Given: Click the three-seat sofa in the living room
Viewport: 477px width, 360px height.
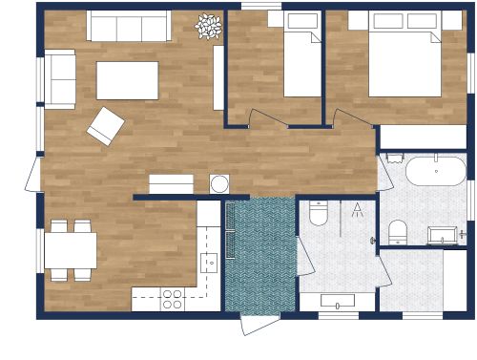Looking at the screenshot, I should pos(129,26).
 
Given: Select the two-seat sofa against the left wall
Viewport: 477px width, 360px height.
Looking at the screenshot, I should pos(59,78).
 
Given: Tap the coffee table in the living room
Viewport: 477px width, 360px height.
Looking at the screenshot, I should pos(128,80).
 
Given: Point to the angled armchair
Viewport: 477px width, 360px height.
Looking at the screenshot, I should pos(105,125).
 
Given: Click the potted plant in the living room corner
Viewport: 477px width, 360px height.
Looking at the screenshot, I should pos(208,27).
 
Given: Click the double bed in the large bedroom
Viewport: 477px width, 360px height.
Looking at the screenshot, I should pos(404,57).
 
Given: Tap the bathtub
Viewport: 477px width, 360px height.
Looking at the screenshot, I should pos(436,171).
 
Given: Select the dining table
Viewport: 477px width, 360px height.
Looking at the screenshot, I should pos(70,251).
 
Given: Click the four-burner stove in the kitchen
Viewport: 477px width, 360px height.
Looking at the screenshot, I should pos(172,299).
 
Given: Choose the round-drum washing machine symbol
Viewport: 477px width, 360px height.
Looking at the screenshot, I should pos(219,183).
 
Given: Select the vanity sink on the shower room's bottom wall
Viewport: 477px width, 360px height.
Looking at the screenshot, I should pos(338,301).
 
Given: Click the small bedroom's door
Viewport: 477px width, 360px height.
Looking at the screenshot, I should pos(264,118).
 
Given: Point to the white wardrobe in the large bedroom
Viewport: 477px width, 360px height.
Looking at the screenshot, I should pos(423,137).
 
